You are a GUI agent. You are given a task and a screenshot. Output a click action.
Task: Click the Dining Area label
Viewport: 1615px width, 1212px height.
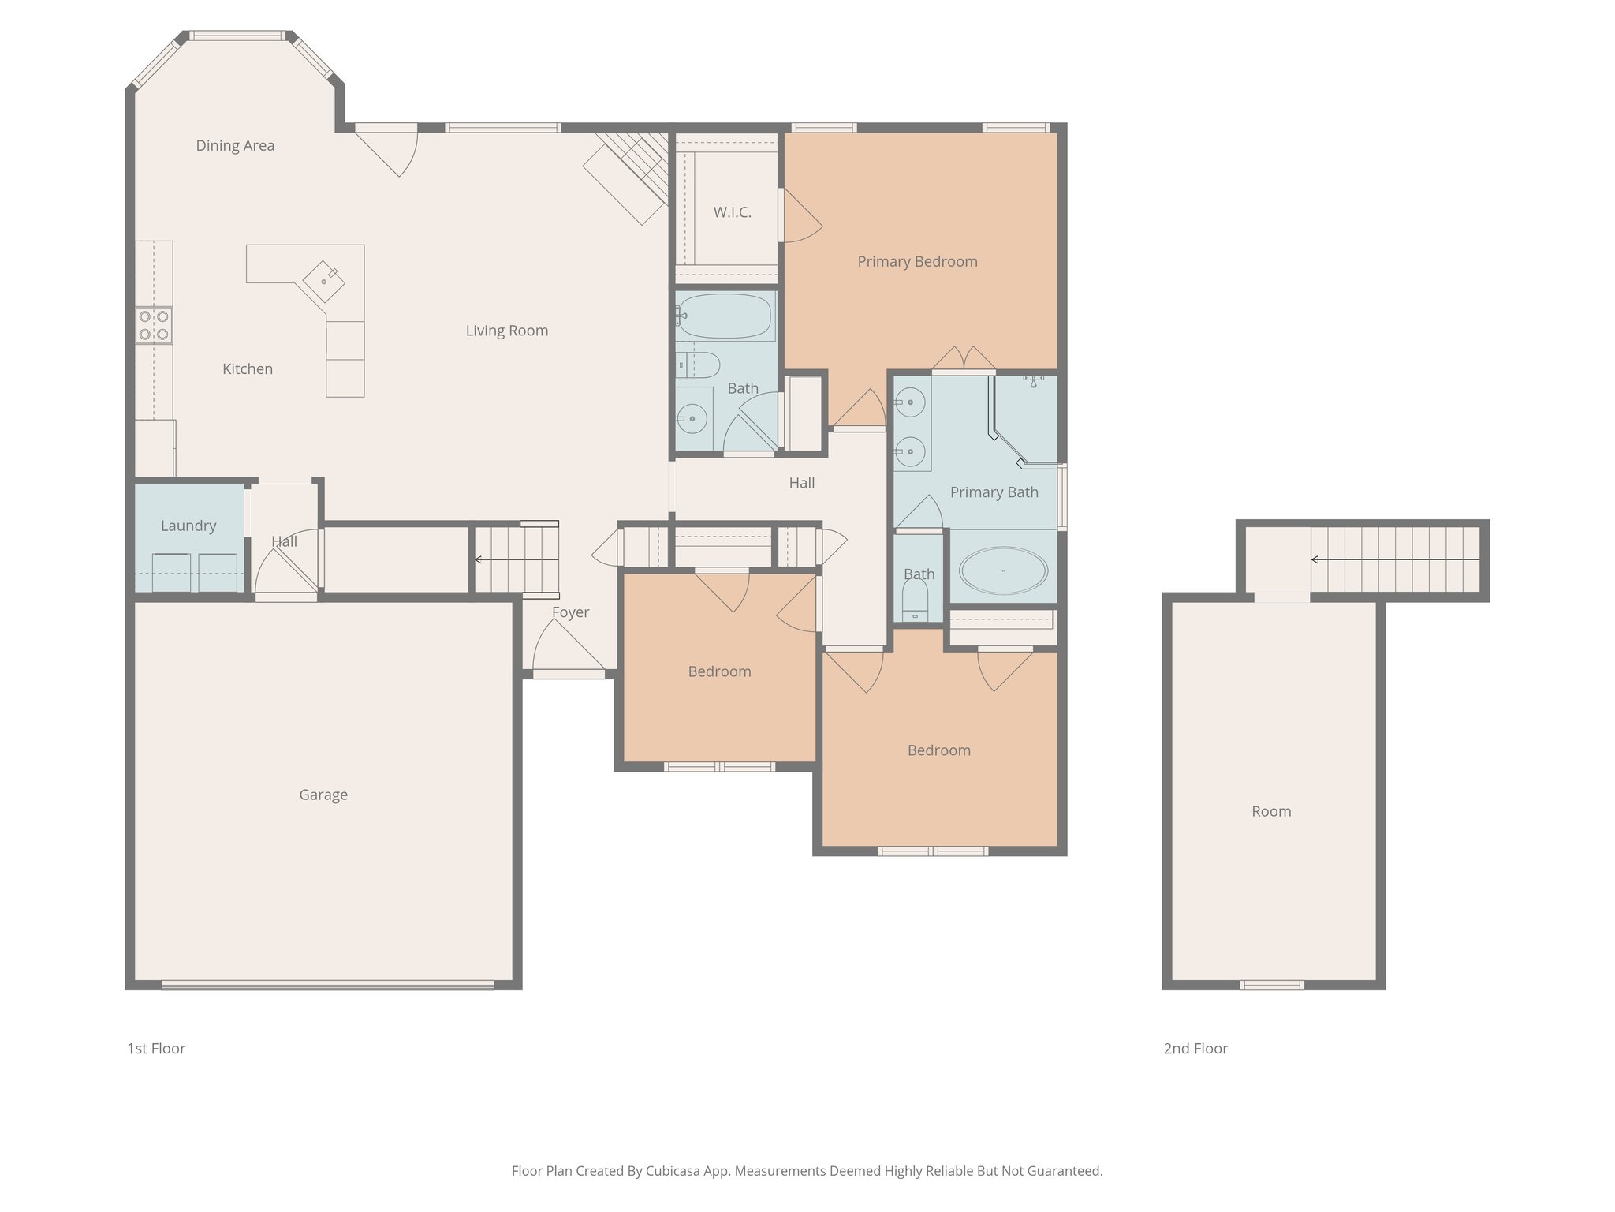click(235, 145)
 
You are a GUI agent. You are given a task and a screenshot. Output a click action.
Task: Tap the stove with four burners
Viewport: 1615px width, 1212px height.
click(154, 325)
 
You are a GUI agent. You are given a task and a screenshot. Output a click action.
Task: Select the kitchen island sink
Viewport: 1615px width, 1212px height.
click(324, 281)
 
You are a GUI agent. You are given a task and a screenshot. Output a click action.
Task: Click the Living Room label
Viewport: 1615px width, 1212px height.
click(506, 331)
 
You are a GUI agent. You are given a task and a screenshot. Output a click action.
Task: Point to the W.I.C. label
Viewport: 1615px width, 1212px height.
click(732, 212)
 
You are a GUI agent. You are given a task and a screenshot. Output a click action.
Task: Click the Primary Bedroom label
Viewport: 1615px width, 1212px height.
click(917, 261)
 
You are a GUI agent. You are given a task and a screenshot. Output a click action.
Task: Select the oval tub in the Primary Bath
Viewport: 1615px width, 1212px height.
click(1003, 570)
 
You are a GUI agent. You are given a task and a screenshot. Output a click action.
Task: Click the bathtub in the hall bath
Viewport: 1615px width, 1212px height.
click(724, 316)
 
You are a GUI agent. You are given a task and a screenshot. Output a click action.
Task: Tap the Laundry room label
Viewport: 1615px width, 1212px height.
click(188, 526)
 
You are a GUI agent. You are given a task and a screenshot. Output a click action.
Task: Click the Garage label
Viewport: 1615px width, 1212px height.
click(323, 795)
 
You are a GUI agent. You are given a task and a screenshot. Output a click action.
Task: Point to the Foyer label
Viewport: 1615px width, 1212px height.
click(570, 612)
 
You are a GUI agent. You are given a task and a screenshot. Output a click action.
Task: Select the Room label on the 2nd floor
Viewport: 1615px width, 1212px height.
click(1271, 811)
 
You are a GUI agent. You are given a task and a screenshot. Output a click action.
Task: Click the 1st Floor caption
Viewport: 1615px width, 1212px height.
click(156, 1049)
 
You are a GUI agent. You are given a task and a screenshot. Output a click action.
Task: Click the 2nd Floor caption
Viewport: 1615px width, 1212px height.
click(1195, 1049)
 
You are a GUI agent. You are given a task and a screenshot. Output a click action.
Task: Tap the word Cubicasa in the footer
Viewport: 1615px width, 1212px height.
click(674, 1171)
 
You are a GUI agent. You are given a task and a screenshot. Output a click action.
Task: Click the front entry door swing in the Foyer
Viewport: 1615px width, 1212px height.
click(566, 645)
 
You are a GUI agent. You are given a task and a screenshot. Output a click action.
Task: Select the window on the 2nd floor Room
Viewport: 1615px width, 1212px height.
click(1271, 985)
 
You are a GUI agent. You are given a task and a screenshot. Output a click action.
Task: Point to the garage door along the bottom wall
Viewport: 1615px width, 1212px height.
click(327, 985)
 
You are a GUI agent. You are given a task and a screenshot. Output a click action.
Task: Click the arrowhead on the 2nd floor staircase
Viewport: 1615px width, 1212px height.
click(1315, 560)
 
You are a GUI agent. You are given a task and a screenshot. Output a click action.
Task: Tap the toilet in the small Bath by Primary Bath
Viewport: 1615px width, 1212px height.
click(915, 601)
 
